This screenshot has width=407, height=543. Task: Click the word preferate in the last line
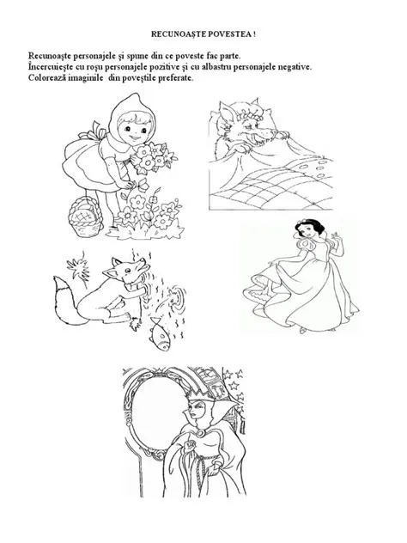[x=176, y=78]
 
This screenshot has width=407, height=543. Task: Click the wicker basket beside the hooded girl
[x=86, y=217]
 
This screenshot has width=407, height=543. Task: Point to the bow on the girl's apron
[x=96, y=131]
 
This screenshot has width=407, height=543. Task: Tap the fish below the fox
[x=159, y=335]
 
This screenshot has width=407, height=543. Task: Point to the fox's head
[x=127, y=269]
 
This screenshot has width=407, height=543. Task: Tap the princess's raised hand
[x=335, y=237]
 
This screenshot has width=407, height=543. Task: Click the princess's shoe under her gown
[x=303, y=331]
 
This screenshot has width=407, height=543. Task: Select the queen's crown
[x=194, y=393]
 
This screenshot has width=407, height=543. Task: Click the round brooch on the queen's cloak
[x=200, y=433]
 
